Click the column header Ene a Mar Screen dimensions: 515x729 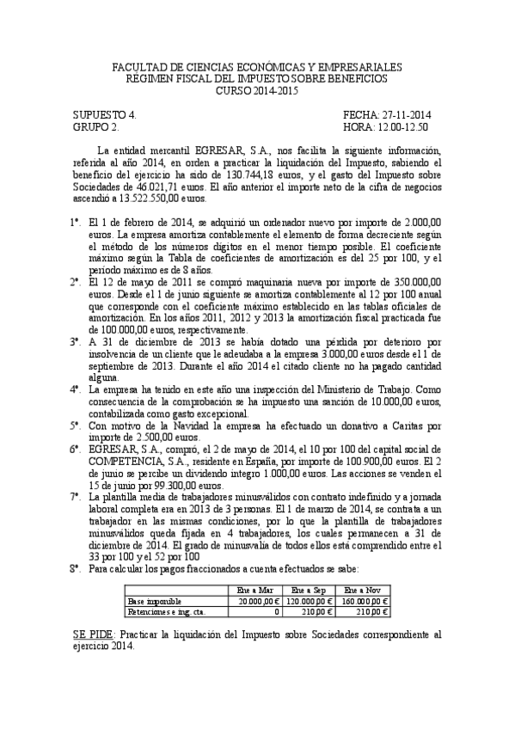(x=254, y=590)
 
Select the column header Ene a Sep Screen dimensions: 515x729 (x=309, y=590)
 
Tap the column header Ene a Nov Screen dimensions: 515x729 (x=365, y=590)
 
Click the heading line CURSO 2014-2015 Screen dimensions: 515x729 (x=257, y=89)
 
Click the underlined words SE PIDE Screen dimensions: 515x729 (x=93, y=634)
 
